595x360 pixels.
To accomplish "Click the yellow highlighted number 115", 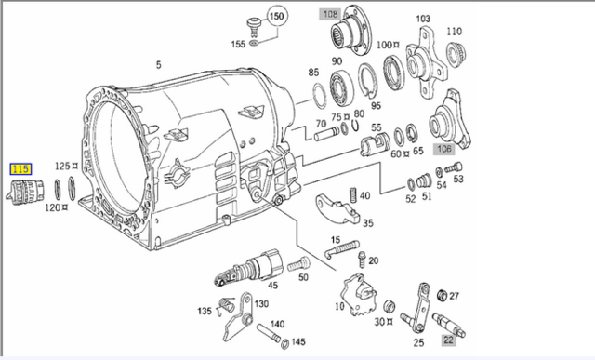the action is pos(20,169).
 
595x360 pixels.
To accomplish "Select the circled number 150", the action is pos(277,17).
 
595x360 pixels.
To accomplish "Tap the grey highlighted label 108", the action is pos(330,14).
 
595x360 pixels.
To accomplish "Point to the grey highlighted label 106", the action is pos(444,149).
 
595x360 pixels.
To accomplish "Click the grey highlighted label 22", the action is pos(448,340).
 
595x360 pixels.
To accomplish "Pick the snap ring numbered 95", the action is pos(368,80).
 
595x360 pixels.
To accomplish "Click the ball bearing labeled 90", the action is pos(341,87).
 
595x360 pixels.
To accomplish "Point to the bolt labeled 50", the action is pos(298,264).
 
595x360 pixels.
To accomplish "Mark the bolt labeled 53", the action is pos(454,167).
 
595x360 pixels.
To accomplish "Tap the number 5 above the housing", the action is pos(158,65).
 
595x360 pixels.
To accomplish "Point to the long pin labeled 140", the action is pos(269,333).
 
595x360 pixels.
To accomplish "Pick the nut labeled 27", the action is pos(442,295).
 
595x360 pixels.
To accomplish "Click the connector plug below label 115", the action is pos(25,192).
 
